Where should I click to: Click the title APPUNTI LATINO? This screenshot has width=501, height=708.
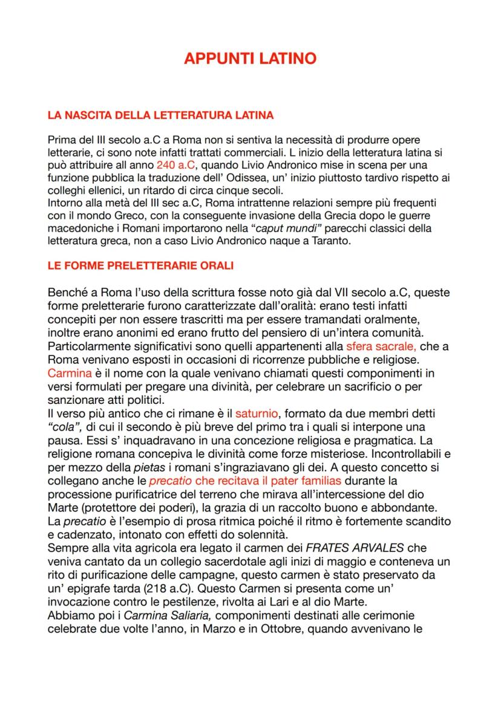(250, 59)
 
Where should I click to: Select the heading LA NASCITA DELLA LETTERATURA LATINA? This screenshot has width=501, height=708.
(160, 114)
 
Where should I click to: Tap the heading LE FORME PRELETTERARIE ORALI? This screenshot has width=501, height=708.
(140, 266)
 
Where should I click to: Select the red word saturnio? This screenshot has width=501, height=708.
(257, 414)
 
